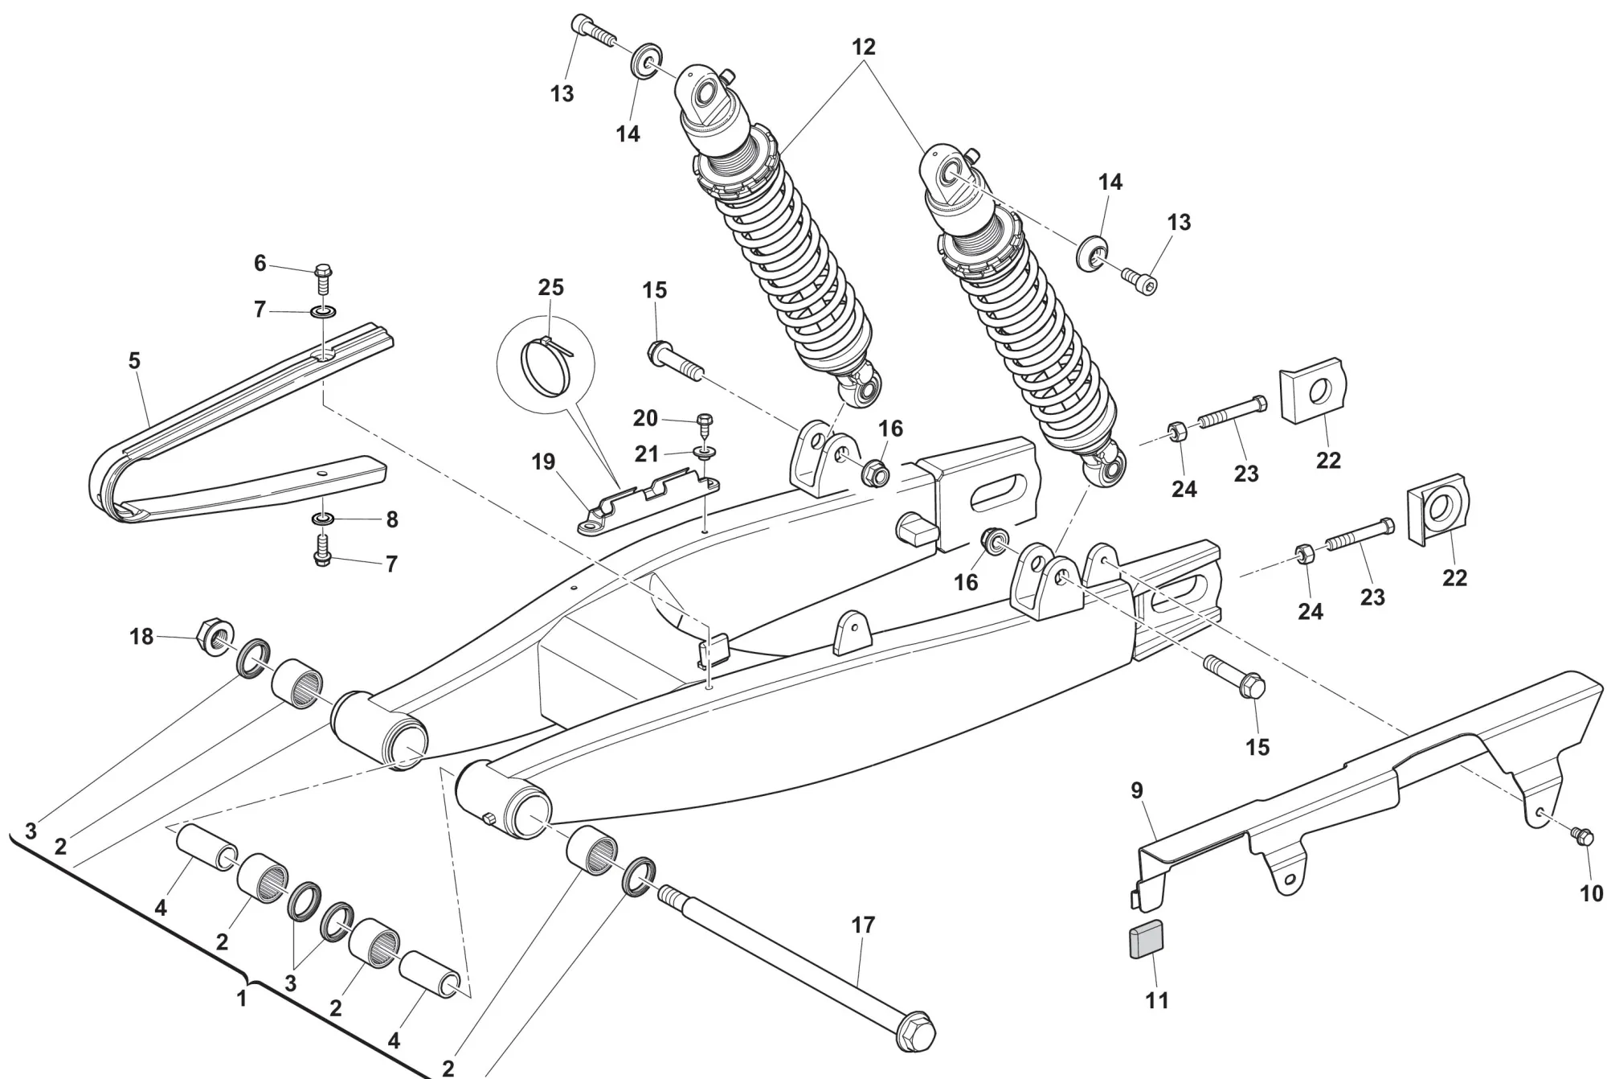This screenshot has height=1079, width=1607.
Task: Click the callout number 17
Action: tap(862, 925)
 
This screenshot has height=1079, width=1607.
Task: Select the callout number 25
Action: tap(550, 287)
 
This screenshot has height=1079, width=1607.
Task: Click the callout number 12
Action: tap(864, 47)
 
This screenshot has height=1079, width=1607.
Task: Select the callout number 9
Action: tap(1137, 790)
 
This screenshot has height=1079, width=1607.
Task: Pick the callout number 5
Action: tap(134, 361)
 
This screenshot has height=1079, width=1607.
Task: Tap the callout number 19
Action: tap(543, 462)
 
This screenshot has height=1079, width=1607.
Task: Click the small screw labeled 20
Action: tap(705, 421)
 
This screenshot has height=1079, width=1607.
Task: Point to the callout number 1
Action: tap(241, 999)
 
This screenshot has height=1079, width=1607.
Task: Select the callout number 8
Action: tap(392, 519)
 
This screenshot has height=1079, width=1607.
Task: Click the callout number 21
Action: tap(647, 454)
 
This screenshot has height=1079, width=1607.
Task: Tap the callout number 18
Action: tap(141, 637)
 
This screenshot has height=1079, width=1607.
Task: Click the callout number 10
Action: tap(1592, 893)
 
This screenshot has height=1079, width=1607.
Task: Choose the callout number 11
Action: tap(1157, 1000)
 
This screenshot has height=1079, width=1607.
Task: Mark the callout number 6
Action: tap(260, 263)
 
